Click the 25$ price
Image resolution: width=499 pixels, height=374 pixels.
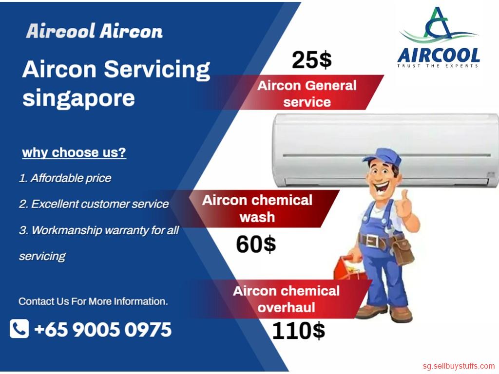pyautogui.click(x=311, y=60)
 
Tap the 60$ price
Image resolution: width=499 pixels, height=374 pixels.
pyautogui.click(x=256, y=244)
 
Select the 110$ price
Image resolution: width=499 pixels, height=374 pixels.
pyautogui.click(x=299, y=331)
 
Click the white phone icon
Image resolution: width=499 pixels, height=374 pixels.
pyautogui.click(x=19, y=329)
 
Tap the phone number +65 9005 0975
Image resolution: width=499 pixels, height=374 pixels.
pyautogui.click(x=103, y=330)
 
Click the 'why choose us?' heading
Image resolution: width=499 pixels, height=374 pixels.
pyautogui.click(x=74, y=152)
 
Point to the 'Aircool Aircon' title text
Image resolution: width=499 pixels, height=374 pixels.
pyautogui.click(x=95, y=31)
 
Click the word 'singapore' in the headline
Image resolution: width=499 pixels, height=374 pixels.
pyautogui.click(x=78, y=98)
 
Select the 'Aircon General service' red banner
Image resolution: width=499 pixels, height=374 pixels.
pyautogui.click(x=307, y=93)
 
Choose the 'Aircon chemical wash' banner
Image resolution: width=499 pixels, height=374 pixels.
pyautogui.click(x=264, y=208)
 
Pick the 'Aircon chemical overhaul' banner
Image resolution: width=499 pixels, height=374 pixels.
pyautogui.click(x=287, y=299)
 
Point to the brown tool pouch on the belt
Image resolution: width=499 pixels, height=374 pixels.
pyautogui.click(x=403, y=249)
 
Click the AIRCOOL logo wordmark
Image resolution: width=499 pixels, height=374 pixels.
pyautogui.click(x=439, y=56)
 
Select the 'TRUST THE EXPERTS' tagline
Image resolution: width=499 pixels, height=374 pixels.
pyautogui.click(x=438, y=66)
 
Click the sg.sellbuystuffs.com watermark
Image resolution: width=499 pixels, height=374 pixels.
pyautogui.click(x=459, y=366)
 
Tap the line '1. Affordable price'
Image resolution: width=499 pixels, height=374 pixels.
pyautogui.click(x=65, y=178)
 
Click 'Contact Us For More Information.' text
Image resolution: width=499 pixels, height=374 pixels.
pyautogui.click(x=93, y=301)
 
